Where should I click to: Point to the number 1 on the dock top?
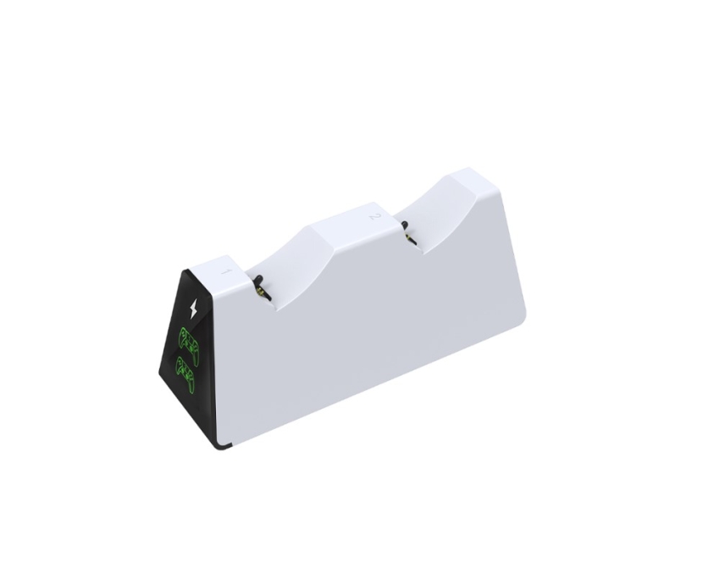click(x=224, y=271)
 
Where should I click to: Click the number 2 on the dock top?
click(x=374, y=216)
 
